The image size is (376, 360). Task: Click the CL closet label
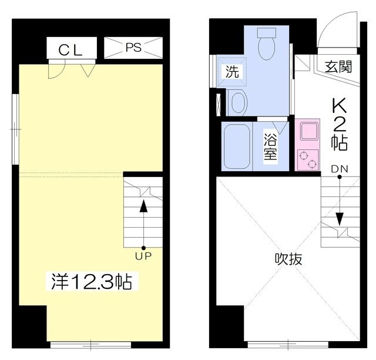(70, 50)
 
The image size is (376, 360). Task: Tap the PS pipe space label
(133, 47)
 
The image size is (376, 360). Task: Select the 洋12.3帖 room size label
(92, 281)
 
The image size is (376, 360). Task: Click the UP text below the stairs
(143, 256)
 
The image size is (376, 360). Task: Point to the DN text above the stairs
(340, 169)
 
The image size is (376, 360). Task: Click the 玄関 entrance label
(338, 66)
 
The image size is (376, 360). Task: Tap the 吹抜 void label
(288, 259)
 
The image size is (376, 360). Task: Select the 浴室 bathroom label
(270, 146)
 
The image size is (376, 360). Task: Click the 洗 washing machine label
(232, 71)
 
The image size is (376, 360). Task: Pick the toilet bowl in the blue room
(266, 44)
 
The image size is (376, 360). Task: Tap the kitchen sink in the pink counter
(310, 131)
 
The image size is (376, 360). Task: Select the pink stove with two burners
(308, 160)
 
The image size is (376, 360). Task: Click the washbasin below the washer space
(238, 102)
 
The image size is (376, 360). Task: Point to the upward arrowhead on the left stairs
(143, 206)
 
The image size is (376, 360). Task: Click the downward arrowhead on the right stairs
(340, 219)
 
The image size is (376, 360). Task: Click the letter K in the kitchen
(340, 105)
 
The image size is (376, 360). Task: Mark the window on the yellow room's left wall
(16, 129)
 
